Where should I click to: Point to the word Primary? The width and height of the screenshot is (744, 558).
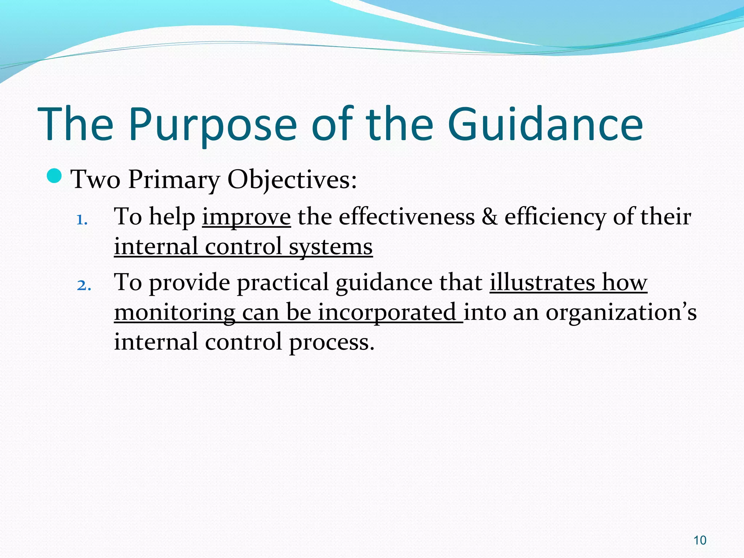coord(174,180)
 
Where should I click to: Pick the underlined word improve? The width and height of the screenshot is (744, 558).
coord(246,217)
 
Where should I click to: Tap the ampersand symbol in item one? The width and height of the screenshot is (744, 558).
coord(489,217)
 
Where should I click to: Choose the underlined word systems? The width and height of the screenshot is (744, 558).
coord(331,247)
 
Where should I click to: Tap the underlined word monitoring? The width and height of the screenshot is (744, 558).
coord(175,313)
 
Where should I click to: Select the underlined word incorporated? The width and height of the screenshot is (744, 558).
coord(387,313)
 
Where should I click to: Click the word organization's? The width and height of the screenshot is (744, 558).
coord(621,313)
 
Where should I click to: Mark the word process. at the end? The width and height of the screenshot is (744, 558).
coord(331,343)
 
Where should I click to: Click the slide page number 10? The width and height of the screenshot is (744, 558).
coord(700,540)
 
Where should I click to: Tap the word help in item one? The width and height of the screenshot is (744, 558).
coord(172,217)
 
